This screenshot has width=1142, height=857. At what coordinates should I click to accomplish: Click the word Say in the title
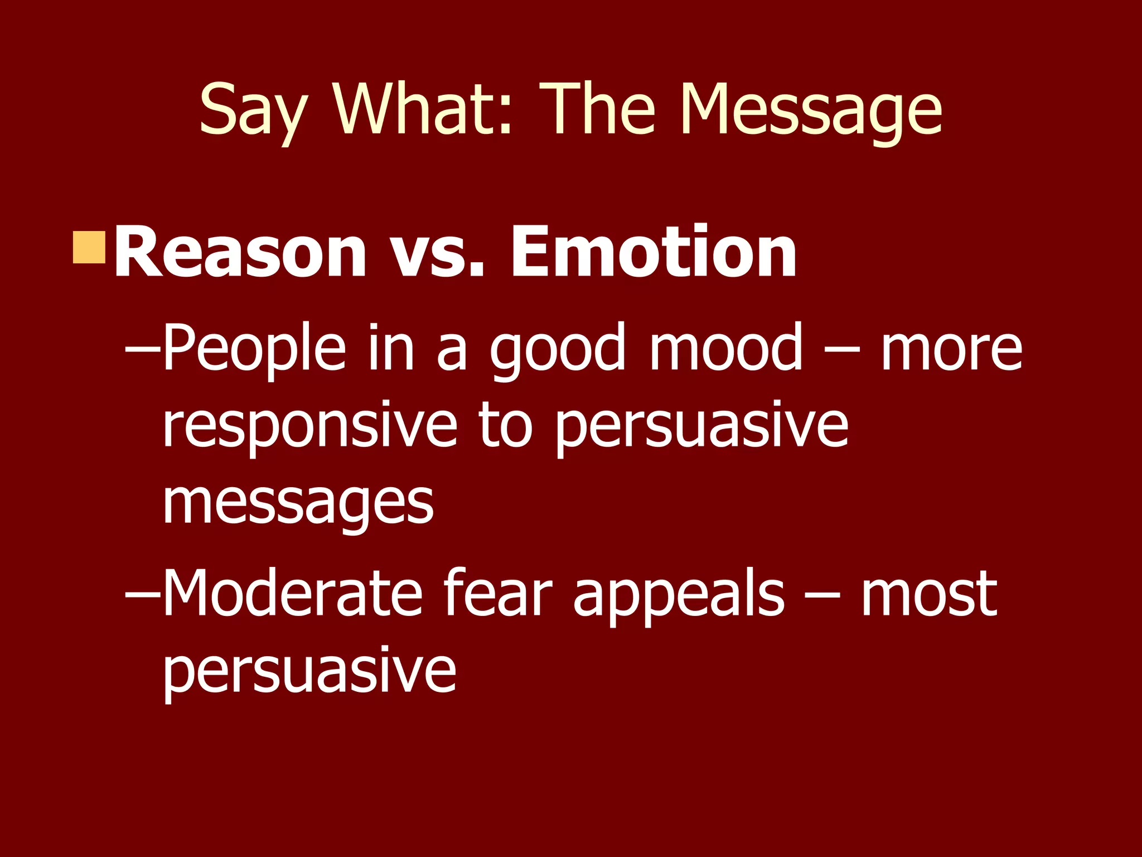[253, 112]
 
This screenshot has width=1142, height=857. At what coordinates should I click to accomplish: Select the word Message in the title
[811, 112]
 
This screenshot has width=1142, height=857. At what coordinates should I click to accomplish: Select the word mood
[725, 349]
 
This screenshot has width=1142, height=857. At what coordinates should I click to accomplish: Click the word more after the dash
[951, 352]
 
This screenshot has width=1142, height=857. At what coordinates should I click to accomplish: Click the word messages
[298, 505]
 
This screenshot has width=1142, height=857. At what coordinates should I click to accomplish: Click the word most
[928, 595]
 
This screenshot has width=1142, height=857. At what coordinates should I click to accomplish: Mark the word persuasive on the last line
[309, 672]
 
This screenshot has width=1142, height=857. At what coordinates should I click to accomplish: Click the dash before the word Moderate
[142, 597]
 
